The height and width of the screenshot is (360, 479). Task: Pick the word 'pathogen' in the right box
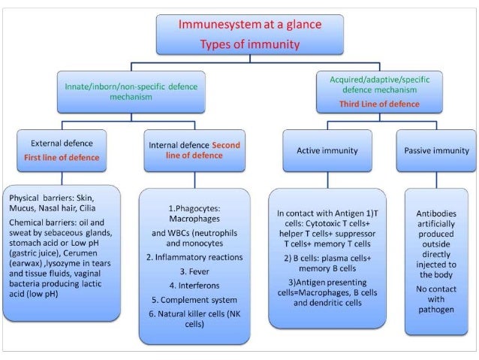[435, 309]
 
